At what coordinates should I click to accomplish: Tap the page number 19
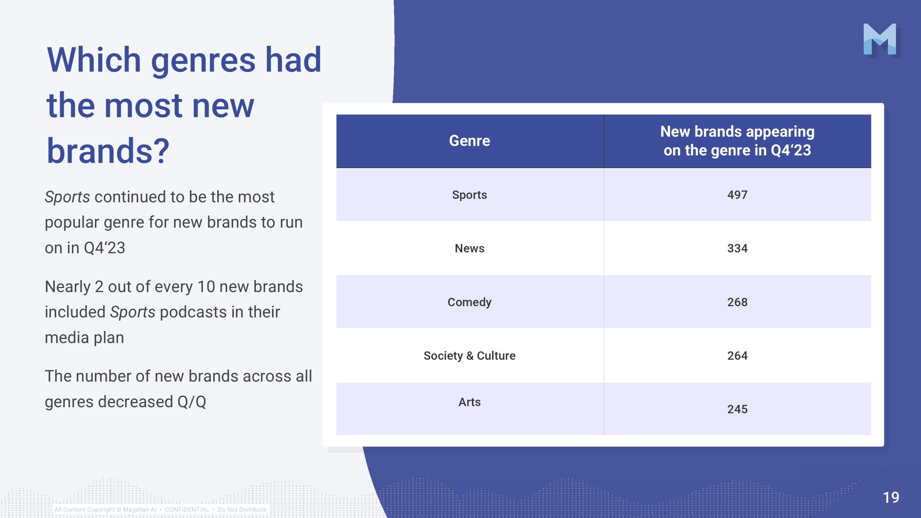891,497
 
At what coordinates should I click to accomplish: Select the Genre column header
469,141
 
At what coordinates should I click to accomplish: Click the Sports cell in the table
469,195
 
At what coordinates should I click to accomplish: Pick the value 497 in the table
737,195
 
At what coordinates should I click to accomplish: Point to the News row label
469,248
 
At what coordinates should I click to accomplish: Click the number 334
737,248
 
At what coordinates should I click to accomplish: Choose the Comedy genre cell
469,302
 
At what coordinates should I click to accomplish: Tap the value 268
737,302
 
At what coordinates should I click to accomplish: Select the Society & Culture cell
469,356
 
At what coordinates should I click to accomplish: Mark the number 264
737,355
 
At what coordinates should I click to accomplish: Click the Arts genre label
469,402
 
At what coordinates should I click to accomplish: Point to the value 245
737,409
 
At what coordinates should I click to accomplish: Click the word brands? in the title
108,151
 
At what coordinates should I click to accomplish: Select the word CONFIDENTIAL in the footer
187,510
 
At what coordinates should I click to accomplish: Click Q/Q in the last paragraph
192,402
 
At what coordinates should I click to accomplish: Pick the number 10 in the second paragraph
206,287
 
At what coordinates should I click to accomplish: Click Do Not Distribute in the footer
242,510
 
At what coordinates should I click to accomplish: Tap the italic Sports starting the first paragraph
67,197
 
